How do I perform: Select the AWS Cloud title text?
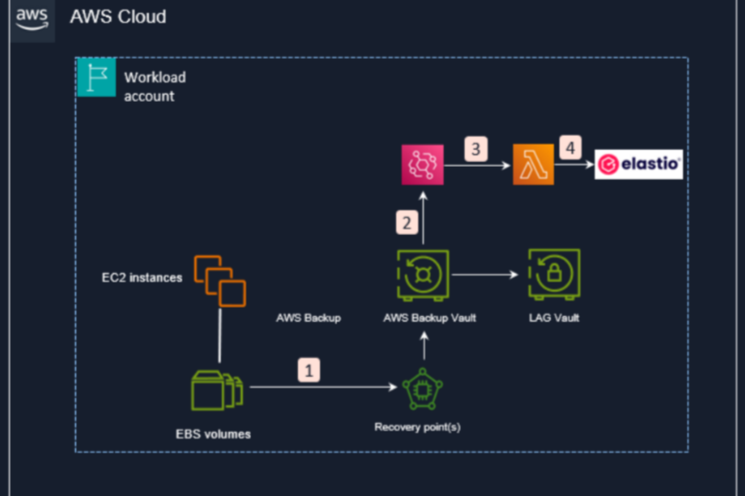tap(118, 17)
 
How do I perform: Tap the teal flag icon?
tap(97, 77)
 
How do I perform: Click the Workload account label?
tap(155, 86)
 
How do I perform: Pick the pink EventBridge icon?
tap(422, 165)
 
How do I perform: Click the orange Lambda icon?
tap(533, 164)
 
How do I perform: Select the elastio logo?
tap(638, 164)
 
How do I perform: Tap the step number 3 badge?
tap(476, 149)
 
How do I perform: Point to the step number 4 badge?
tap(570, 147)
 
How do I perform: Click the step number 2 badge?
tap(407, 223)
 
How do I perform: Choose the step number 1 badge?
tap(309, 370)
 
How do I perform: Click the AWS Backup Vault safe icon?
tap(423, 275)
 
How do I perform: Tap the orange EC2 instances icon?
tap(220, 281)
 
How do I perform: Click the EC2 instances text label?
tap(142, 278)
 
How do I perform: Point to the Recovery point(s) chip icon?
tap(422, 389)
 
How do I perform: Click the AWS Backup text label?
tap(308, 318)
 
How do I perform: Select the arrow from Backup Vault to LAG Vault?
tap(485, 275)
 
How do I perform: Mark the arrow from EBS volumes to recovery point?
tap(323, 387)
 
